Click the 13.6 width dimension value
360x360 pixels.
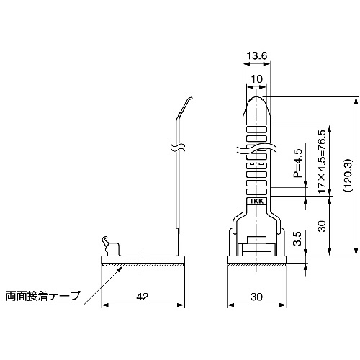[257, 56]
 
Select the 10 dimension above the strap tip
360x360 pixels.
[257, 79]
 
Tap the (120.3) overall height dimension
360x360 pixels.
[347, 175]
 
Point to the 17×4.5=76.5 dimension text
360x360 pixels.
[322, 161]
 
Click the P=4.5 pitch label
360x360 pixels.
[297, 163]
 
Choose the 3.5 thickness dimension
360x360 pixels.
[297, 238]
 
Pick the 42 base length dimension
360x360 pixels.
[143, 297]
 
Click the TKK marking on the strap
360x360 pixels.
[257, 202]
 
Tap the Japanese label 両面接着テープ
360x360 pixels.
[42, 296]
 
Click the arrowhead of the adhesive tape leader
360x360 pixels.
[120, 269]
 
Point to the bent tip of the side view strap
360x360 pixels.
[190, 98]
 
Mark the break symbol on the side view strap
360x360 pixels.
[177, 148]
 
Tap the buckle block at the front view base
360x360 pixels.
[256, 246]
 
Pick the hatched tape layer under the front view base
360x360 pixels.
[256, 264]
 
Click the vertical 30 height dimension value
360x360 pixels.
[323, 226]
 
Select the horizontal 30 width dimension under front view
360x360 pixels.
[256, 297]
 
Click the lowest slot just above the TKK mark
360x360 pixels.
[257, 192]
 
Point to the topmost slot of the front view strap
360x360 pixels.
[257, 130]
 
